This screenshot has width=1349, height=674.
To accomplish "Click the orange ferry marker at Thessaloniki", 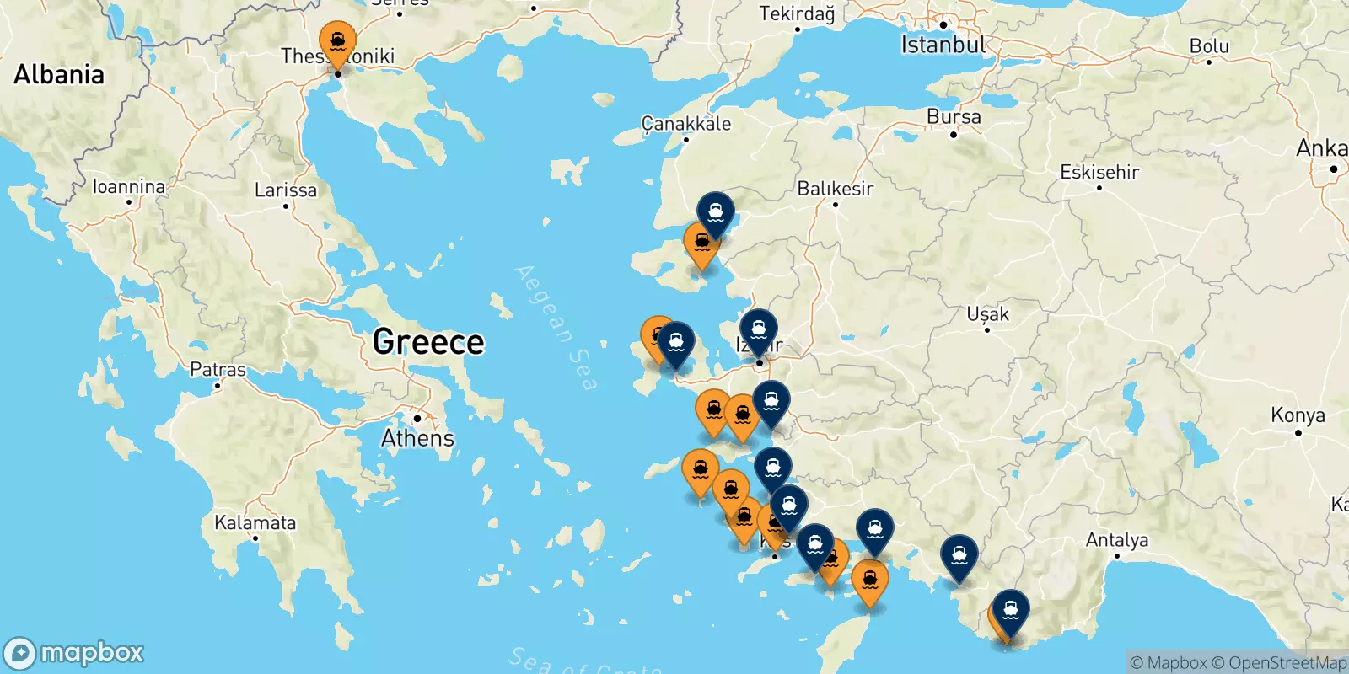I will click(337, 42).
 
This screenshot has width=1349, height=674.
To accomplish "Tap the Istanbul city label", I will click(942, 44).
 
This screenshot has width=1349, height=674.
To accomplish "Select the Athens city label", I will click(417, 438).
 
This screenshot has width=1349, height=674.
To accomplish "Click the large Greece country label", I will click(428, 342).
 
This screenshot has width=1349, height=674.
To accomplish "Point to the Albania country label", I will click(59, 74).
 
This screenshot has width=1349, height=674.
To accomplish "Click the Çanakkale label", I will click(686, 124).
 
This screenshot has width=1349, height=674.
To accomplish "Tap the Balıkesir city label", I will click(835, 188).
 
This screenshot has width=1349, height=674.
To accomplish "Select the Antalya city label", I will click(1116, 539).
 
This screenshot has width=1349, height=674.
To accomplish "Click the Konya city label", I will click(1298, 415).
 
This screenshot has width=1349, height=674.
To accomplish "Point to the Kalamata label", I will click(255, 522).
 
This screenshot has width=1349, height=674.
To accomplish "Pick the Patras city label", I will click(218, 369).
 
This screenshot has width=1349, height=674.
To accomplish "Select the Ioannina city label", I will click(128, 186).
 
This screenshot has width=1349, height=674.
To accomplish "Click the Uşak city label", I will click(987, 314).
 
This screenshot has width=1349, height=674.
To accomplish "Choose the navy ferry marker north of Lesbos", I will click(715, 212).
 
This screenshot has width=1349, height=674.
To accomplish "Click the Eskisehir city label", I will click(1099, 172).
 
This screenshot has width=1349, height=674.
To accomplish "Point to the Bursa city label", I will click(954, 117).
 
